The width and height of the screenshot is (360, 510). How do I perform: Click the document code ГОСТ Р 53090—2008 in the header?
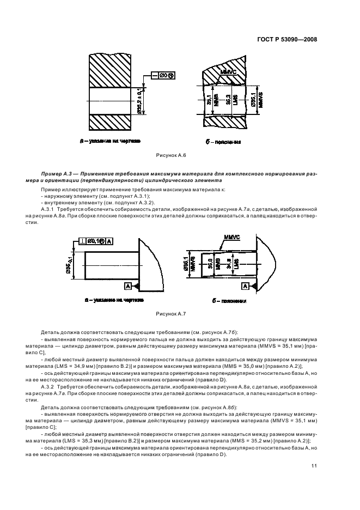point(288,39)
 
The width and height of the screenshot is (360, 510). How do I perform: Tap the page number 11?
point(314,465)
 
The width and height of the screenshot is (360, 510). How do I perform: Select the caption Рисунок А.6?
point(171,156)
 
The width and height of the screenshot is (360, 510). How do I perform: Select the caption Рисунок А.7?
point(171,314)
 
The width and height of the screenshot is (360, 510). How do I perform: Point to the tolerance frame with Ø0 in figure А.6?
point(163,75)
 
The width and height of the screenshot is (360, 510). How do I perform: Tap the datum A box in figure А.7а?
point(128,286)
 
